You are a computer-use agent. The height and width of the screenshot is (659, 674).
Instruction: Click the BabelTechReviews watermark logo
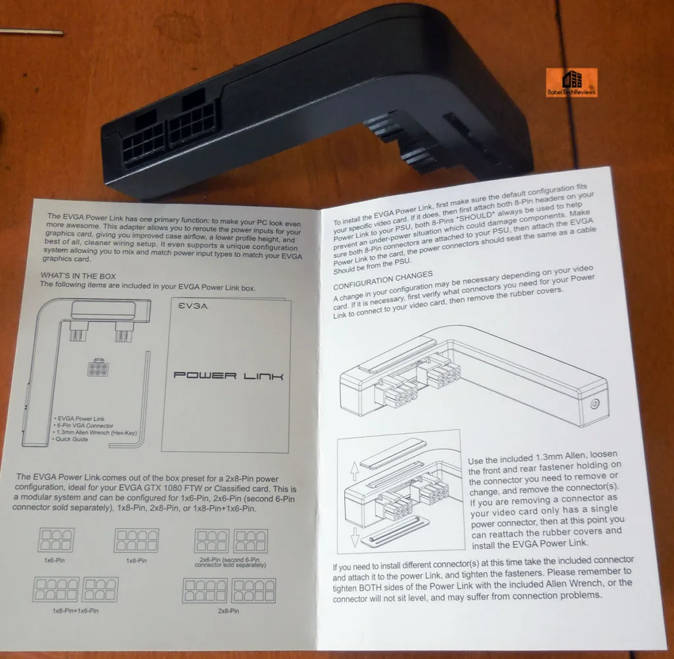point(571,82)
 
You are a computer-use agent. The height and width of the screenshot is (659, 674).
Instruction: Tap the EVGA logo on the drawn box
point(194,306)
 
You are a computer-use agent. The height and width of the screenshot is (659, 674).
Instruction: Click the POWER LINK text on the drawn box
point(228,376)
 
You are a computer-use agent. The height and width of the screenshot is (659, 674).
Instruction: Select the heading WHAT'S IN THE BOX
point(78,276)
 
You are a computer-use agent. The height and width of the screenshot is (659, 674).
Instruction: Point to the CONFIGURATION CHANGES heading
point(382,280)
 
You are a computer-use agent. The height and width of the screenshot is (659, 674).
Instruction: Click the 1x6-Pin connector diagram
point(56,540)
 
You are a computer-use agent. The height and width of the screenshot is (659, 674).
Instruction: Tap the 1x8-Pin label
point(136,560)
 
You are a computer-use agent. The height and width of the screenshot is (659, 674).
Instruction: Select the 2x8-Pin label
point(228,611)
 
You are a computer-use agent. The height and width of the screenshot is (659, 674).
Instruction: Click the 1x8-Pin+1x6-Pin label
point(76,610)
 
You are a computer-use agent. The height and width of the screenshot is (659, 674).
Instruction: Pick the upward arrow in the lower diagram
point(355,471)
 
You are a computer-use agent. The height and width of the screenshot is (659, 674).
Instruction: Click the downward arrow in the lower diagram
point(355,537)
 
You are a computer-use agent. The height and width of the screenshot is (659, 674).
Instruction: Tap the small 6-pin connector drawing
point(98,367)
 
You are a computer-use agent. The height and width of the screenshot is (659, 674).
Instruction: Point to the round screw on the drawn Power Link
point(595,404)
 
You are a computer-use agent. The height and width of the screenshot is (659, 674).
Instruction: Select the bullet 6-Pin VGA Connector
point(84,425)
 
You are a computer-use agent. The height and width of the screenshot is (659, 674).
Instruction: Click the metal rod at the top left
point(32,32)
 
